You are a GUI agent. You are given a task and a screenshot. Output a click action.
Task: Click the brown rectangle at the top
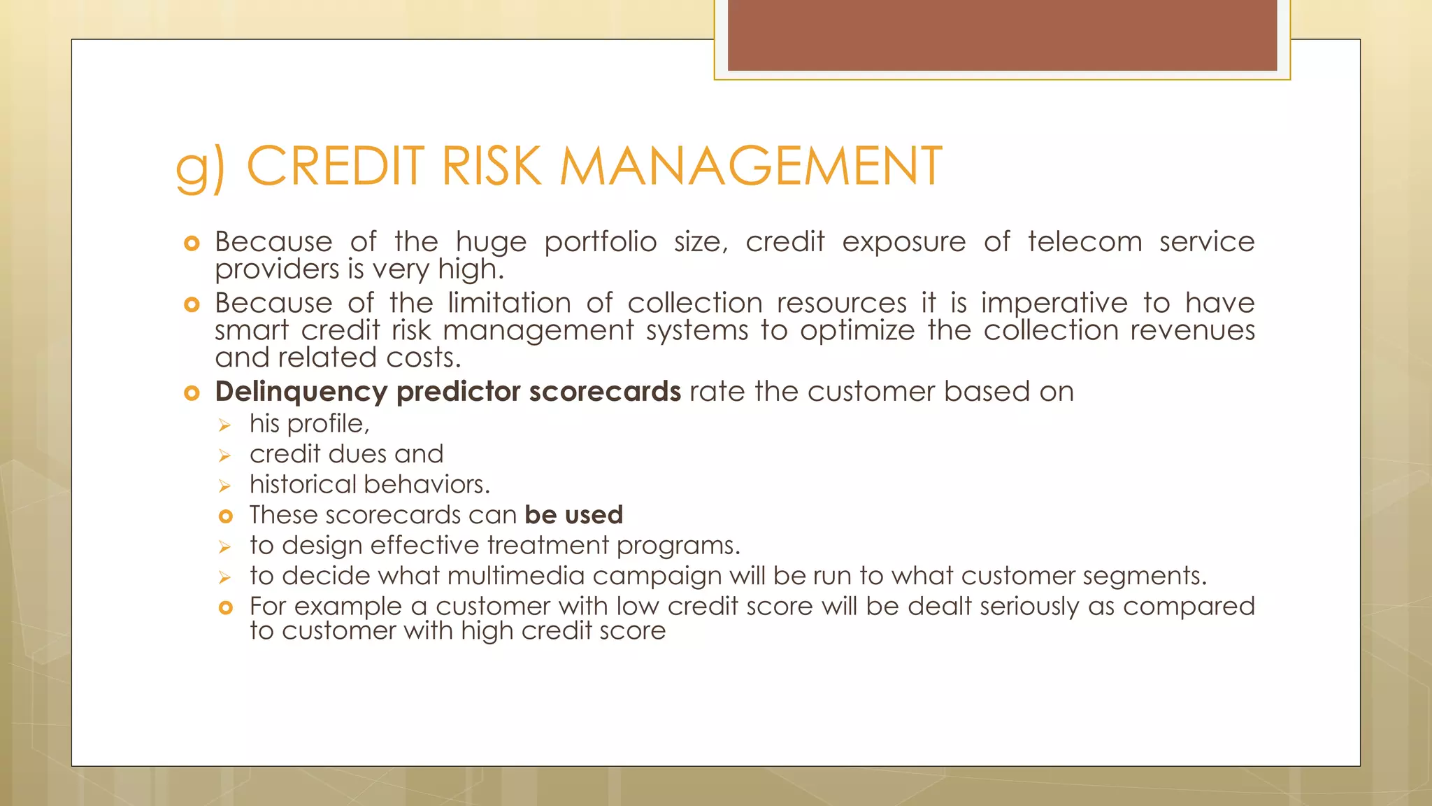tap(1002, 35)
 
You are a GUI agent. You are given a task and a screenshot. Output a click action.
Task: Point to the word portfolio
tap(600, 242)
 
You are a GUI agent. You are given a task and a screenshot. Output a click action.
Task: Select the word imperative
tap(1054, 303)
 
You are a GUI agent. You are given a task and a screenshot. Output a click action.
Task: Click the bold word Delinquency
tap(301, 392)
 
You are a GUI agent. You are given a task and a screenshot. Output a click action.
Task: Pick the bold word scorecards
tap(604, 392)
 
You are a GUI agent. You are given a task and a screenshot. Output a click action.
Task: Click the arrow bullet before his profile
tap(224, 425)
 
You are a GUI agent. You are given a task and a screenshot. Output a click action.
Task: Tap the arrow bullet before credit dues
tap(224, 455)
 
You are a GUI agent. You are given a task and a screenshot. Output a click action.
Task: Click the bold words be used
tap(573, 515)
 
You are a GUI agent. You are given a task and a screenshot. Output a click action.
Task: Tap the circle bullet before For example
tap(225, 607)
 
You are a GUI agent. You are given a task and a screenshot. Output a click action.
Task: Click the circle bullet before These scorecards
tap(225, 516)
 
